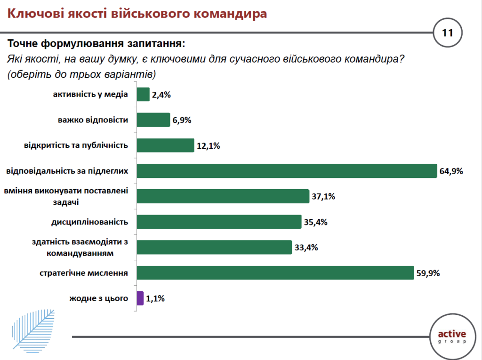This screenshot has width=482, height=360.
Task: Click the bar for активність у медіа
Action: (x=143, y=95)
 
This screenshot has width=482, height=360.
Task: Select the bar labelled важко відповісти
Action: (x=153, y=120)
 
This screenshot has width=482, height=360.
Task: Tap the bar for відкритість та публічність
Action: (x=165, y=145)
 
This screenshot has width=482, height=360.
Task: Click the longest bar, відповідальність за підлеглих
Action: (x=287, y=171)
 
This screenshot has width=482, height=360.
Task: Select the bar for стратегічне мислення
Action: (x=275, y=272)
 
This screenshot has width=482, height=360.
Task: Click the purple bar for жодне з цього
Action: (x=140, y=298)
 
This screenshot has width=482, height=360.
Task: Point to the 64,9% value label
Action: (x=451, y=171)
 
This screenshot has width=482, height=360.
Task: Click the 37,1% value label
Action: (x=323, y=196)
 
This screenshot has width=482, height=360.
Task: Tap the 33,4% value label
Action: (x=305, y=247)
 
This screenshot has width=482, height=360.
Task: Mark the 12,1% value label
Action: (x=208, y=145)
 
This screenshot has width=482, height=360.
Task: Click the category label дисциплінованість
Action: (x=89, y=221)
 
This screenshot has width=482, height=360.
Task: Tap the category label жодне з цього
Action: (x=99, y=297)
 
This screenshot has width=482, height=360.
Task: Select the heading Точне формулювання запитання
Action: (x=96, y=44)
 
